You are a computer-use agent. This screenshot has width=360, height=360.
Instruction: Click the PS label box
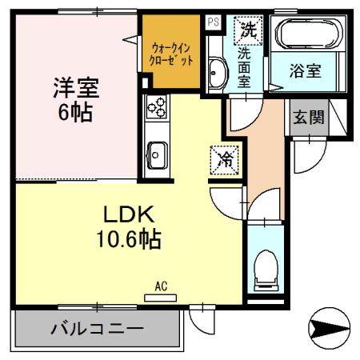(212, 22)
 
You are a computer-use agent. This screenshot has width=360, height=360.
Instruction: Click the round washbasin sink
(216, 74)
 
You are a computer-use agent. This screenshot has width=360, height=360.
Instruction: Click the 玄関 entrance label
(307, 118)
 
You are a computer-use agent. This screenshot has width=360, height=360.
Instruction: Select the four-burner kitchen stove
(155, 107)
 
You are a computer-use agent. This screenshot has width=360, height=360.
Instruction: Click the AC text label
(160, 285)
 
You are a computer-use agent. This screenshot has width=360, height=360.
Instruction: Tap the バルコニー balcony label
(97, 328)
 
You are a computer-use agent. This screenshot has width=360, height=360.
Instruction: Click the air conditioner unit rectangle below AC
(160, 297)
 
